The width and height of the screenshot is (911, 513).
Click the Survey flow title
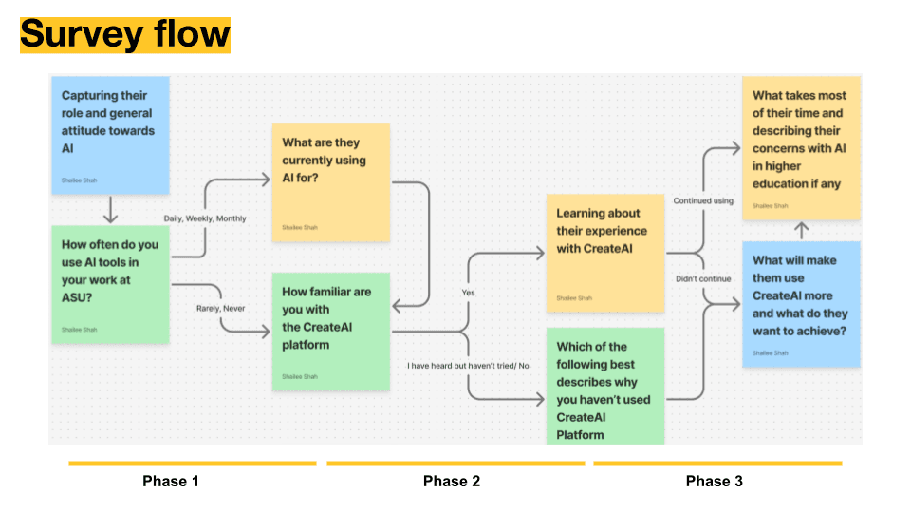[x=125, y=34]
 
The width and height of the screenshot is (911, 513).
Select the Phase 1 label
[x=171, y=481]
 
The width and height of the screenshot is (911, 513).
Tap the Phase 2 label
[x=452, y=481]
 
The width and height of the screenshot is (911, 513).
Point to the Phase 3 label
[x=715, y=481]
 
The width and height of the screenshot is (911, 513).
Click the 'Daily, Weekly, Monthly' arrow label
[x=205, y=218]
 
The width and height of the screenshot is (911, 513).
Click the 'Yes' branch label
[x=468, y=293]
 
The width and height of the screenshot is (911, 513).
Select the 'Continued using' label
[x=703, y=201]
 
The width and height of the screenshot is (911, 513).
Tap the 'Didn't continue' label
[x=703, y=279]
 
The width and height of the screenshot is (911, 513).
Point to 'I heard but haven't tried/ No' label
[x=469, y=366]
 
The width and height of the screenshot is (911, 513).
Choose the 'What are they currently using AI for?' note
[x=330, y=180]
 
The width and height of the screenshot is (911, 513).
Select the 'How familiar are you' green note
[x=330, y=332]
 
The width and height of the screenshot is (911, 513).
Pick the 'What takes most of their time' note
[x=801, y=148]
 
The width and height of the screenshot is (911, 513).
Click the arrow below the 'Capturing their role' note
[x=110, y=208]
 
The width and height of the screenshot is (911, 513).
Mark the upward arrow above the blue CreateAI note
[x=801, y=230]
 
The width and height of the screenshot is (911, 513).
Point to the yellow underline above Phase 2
[x=455, y=464]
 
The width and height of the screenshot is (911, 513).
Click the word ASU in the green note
[x=78, y=296]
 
